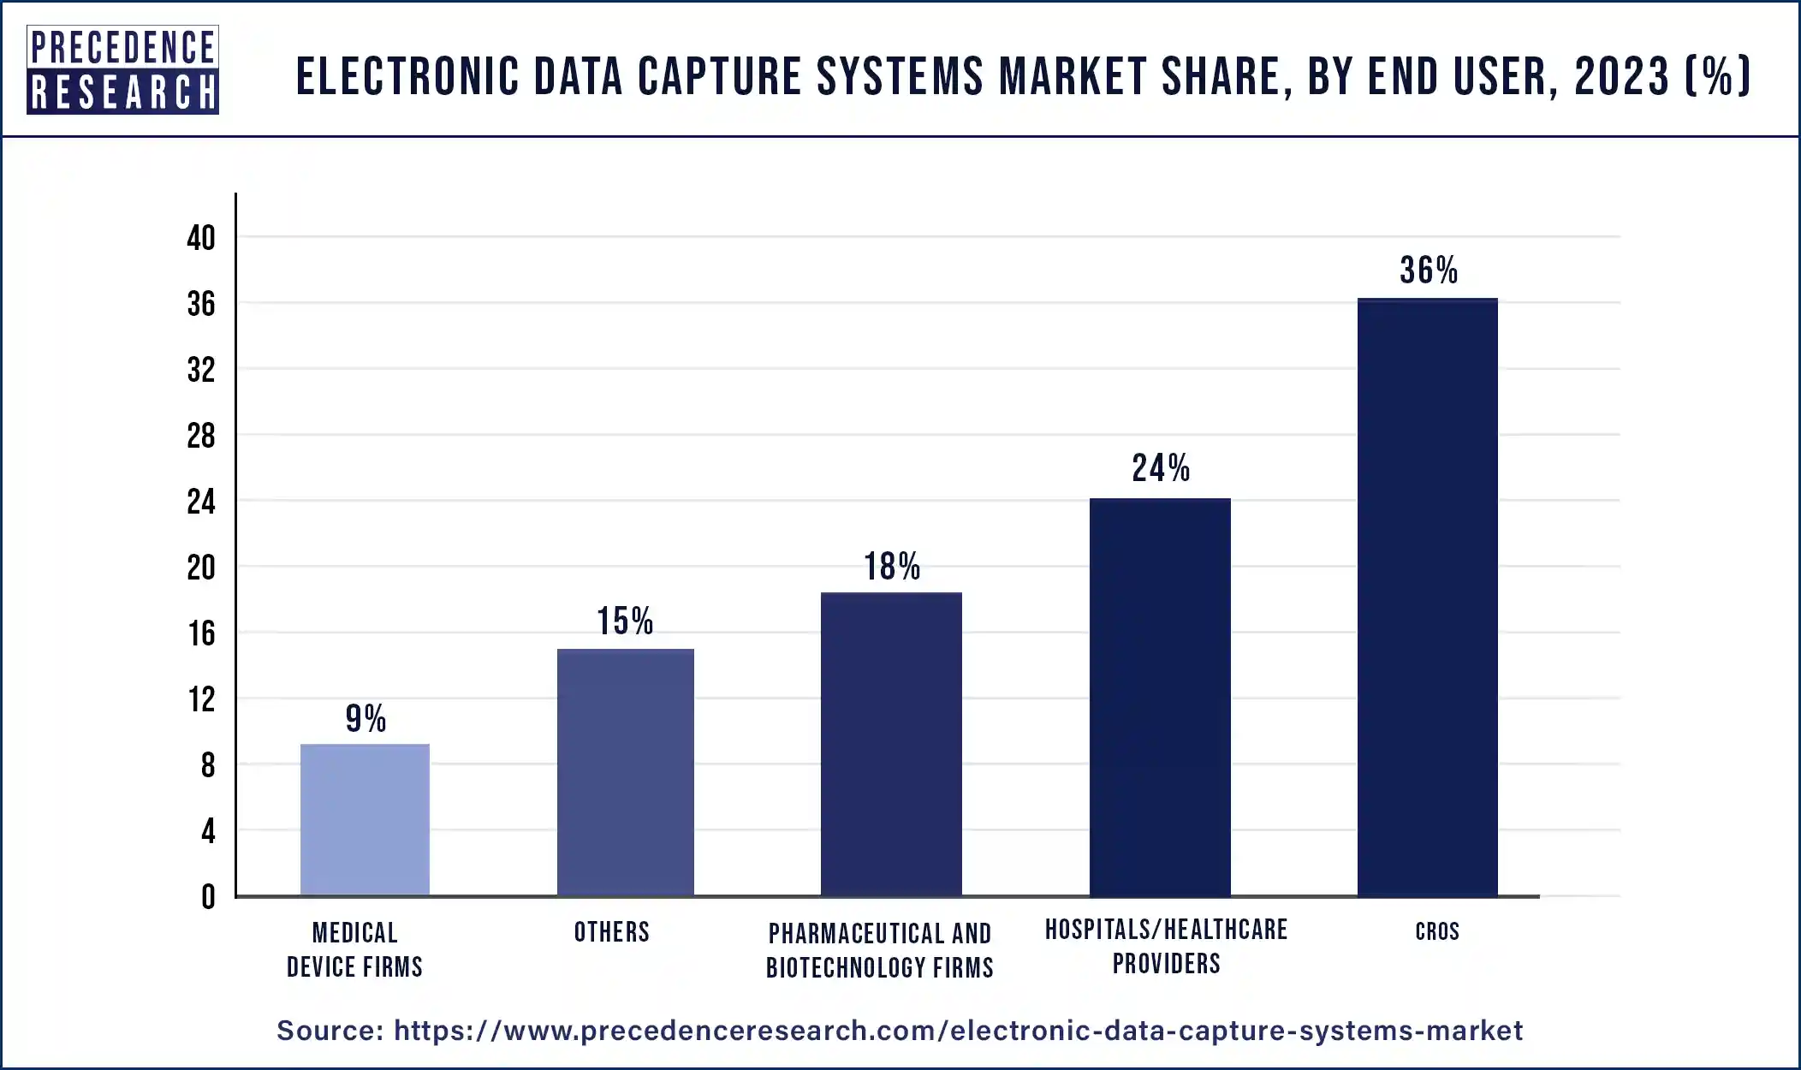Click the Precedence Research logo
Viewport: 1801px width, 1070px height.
click(122, 70)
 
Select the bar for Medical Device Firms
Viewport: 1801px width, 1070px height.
click(365, 819)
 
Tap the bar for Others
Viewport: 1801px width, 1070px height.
click(625, 772)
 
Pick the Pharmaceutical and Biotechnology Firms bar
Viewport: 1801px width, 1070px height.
click(891, 744)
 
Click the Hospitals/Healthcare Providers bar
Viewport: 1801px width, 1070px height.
click(1160, 697)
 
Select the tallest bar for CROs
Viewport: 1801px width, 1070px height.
click(1427, 597)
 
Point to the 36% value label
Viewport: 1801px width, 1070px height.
click(1429, 270)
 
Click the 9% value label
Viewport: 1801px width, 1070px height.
click(366, 718)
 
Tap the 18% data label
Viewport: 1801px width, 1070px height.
click(891, 567)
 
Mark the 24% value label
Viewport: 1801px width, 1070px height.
click(1161, 468)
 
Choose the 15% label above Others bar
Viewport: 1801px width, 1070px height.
click(625, 621)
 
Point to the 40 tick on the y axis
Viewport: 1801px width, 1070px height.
click(201, 238)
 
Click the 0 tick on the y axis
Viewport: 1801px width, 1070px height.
click(208, 897)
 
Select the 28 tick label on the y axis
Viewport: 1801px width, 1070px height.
click(201, 437)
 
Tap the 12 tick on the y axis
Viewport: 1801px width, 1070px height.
click(202, 700)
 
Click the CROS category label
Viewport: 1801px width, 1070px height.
click(1436, 931)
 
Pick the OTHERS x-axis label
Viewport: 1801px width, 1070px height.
click(611, 932)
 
